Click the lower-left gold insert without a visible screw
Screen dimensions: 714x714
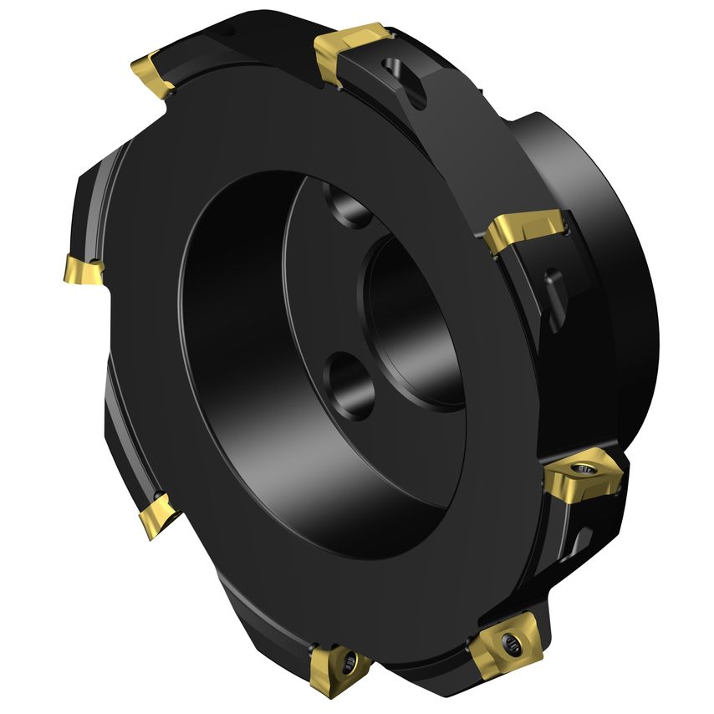[157, 514]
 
